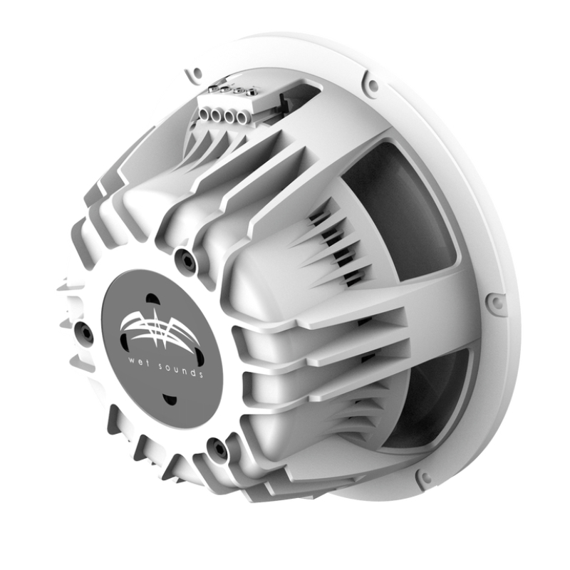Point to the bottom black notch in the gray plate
(x=169, y=400)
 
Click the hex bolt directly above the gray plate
(x=186, y=261)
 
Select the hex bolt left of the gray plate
(x=84, y=331)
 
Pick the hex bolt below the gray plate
(x=217, y=448)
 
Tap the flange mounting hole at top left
(x=190, y=74)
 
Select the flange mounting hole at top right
(x=371, y=85)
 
